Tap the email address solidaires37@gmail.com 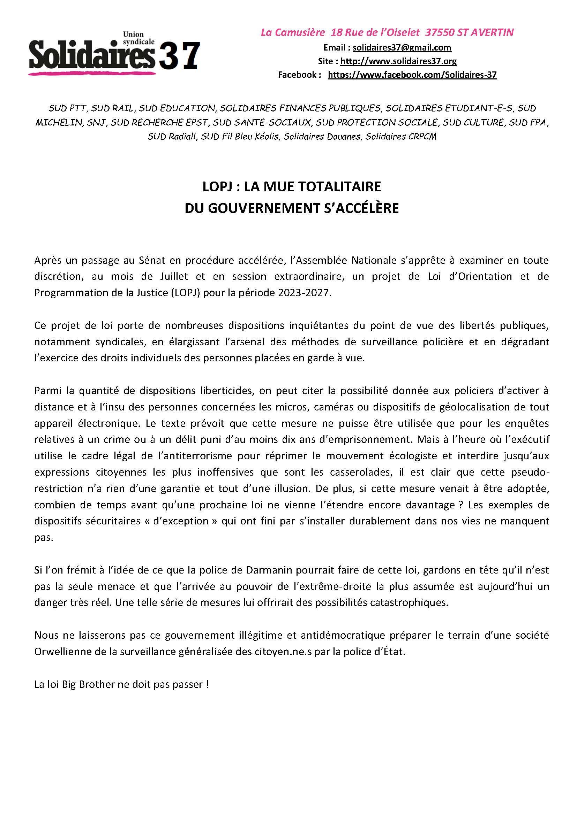tap(402, 48)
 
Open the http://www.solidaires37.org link tap(398, 61)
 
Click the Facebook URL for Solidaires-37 tap(412, 75)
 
